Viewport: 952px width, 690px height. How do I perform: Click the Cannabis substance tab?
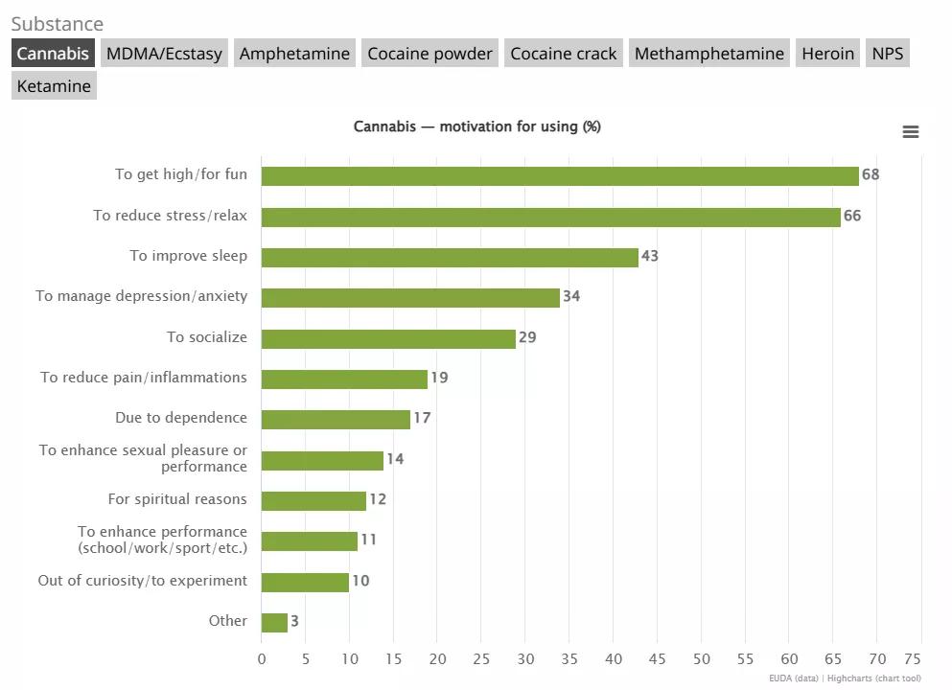pyautogui.click(x=53, y=54)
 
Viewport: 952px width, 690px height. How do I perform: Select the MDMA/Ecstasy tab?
pyautogui.click(x=164, y=54)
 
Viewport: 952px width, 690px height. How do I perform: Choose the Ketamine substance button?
pyautogui.click(x=54, y=86)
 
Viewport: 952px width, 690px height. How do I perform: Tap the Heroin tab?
pyautogui.click(x=827, y=54)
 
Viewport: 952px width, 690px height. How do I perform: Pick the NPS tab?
pyautogui.click(x=887, y=54)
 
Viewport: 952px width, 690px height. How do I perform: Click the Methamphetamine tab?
pyautogui.click(x=709, y=54)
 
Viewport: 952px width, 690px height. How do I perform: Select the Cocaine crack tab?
pyautogui.click(x=564, y=54)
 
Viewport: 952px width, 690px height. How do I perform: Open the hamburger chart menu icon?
pyautogui.click(x=911, y=132)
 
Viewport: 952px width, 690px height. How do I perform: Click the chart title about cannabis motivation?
pyautogui.click(x=476, y=126)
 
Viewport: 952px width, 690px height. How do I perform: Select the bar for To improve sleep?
pyautogui.click(x=450, y=257)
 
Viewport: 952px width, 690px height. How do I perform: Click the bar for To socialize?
pyautogui.click(x=388, y=338)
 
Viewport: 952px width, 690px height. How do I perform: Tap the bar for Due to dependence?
pyautogui.click(x=336, y=419)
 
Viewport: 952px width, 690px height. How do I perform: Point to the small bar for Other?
pyautogui.click(x=274, y=622)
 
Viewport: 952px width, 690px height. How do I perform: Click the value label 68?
pyautogui.click(x=871, y=174)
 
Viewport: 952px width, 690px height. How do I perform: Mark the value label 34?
pyautogui.click(x=571, y=296)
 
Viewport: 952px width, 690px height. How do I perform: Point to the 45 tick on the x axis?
pyautogui.click(x=657, y=659)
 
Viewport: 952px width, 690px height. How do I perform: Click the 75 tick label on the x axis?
pyautogui.click(x=912, y=659)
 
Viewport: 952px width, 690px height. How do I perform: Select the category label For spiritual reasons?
pyautogui.click(x=177, y=499)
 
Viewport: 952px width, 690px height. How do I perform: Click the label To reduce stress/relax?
pyautogui.click(x=170, y=216)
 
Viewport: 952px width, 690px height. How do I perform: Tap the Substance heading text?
pyautogui.click(x=57, y=24)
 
